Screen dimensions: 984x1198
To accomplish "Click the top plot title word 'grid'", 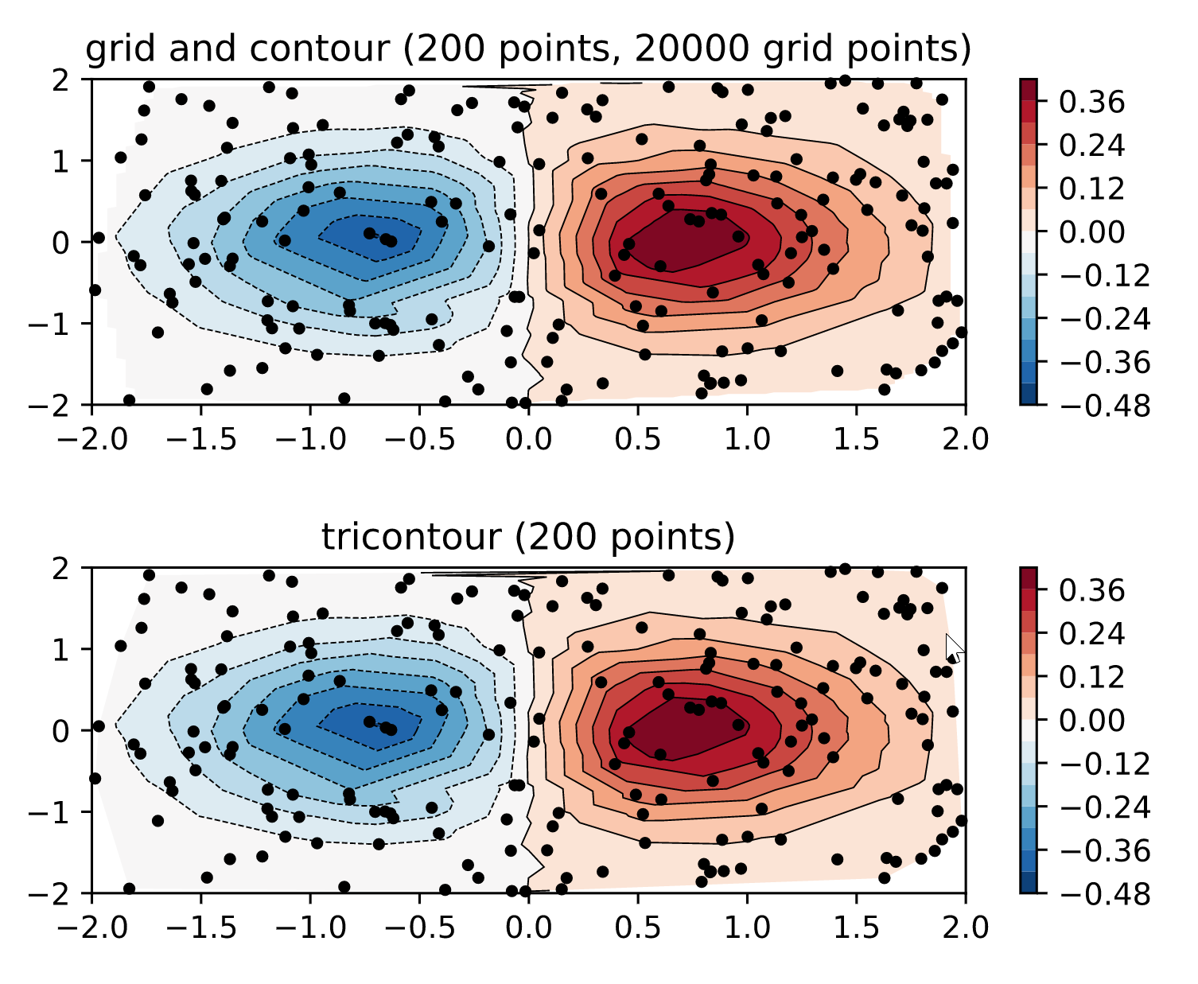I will (x=111, y=50).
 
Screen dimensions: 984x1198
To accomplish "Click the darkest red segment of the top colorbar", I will (x=1029, y=89).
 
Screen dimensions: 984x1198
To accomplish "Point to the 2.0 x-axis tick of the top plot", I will (x=964, y=438).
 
